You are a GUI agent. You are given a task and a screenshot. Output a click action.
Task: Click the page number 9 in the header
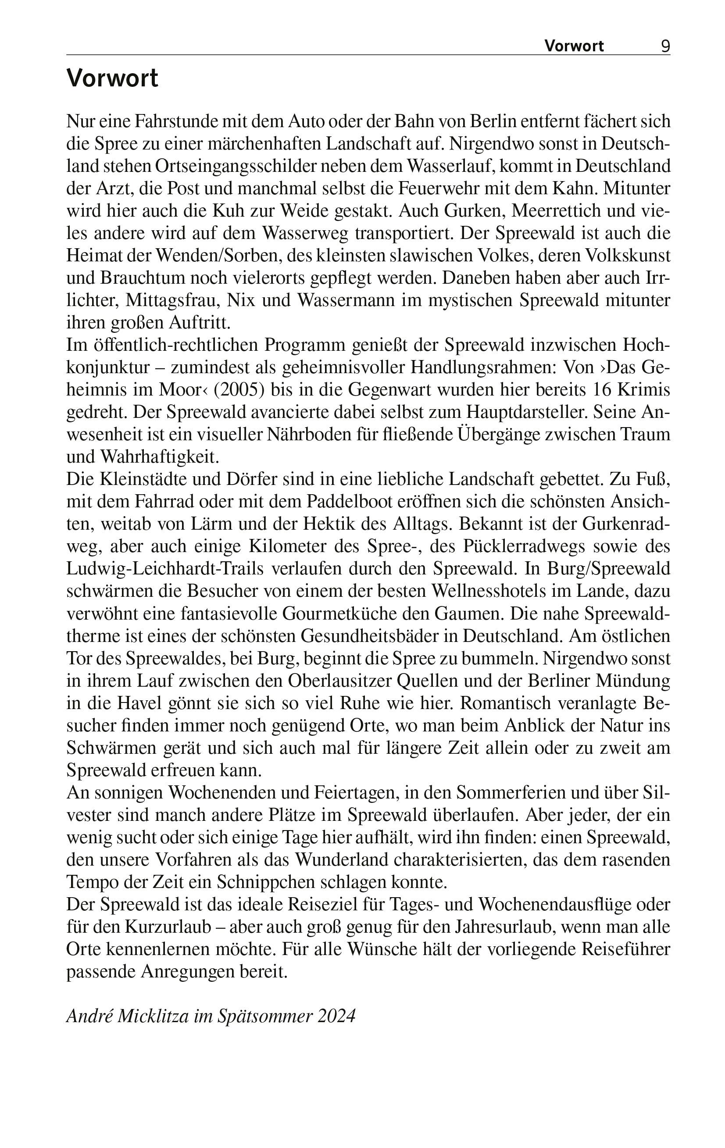coord(665,46)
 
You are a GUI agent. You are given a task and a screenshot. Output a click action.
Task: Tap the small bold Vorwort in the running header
coord(574,46)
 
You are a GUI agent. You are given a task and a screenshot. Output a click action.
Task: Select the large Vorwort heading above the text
coord(112,78)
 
